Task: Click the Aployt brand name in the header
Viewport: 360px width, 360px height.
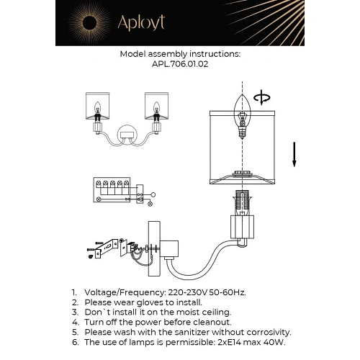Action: pyautogui.click(x=141, y=22)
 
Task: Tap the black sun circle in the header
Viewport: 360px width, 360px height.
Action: pyautogui.click(x=90, y=23)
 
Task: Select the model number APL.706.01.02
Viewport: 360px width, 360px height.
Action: pyautogui.click(x=180, y=64)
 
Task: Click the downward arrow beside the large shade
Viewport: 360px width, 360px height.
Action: pyautogui.click(x=294, y=155)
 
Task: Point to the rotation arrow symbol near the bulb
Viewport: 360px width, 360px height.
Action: pyautogui.click(x=262, y=97)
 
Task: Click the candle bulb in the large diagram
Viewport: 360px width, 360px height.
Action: pyautogui.click(x=243, y=116)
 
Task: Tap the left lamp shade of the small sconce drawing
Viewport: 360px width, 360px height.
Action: pyautogui.click(x=98, y=106)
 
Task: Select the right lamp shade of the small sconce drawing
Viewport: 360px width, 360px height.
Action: pyautogui.click(x=156, y=106)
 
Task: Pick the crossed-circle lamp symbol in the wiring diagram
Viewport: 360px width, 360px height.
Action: pyautogui.click(x=150, y=204)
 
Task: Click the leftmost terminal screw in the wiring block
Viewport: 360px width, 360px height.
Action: pyautogui.click(x=98, y=184)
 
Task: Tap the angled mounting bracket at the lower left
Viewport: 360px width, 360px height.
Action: pyautogui.click(x=107, y=248)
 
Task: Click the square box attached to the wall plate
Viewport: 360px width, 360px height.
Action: pyautogui.click(x=169, y=249)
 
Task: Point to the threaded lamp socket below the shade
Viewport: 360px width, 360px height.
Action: pyautogui.click(x=242, y=203)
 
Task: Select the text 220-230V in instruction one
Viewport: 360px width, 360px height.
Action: pyautogui.click(x=187, y=292)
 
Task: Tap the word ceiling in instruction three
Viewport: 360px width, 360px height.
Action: pyautogui.click(x=216, y=312)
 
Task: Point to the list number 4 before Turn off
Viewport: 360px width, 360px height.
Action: pyautogui.click(x=75, y=323)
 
